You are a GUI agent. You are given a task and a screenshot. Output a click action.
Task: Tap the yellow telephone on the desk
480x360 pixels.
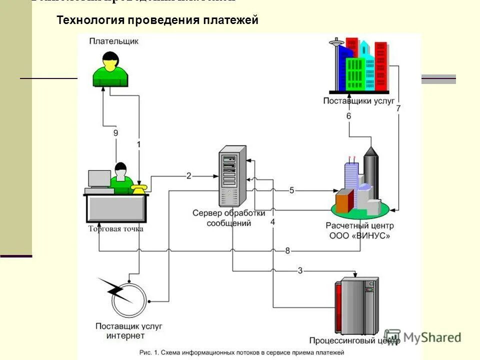pyautogui.click(x=138, y=188)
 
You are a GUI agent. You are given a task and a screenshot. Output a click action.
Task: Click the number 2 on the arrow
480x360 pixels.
pyautogui.click(x=189, y=175)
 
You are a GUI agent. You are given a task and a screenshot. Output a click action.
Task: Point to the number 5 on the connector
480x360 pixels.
pyautogui.click(x=291, y=190)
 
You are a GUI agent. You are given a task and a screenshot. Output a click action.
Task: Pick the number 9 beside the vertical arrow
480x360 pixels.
pyautogui.click(x=115, y=133)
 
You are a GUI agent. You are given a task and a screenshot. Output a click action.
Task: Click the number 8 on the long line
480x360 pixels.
pyautogui.click(x=287, y=250)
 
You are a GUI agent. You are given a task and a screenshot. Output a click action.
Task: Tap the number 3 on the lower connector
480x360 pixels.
pyautogui.click(x=300, y=270)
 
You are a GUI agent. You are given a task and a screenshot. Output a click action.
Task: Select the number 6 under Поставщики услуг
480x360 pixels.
pyautogui.click(x=348, y=116)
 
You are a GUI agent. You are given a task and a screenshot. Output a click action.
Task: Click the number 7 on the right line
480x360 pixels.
pyautogui.click(x=398, y=108)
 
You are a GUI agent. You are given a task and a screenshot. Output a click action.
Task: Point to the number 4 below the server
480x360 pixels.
pyautogui.click(x=272, y=221)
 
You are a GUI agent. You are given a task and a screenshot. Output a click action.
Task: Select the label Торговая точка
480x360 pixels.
pyautogui.click(x=115, y=229)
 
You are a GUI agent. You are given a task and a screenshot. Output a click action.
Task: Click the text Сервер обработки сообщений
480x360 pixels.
pyautogui.click(x=229, y=218)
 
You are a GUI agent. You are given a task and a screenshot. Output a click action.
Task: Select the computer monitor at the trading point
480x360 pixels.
pyautogui.click(x=99, y=178)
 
